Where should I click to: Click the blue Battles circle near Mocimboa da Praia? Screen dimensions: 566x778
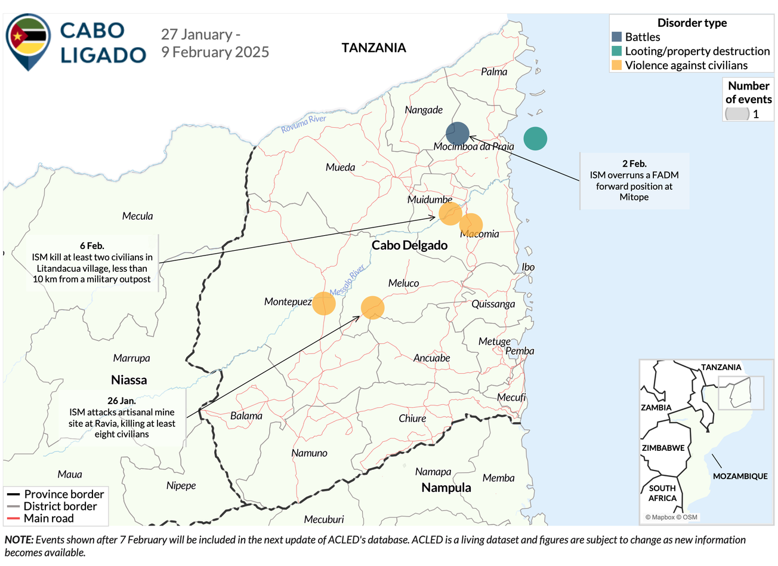point(458,134)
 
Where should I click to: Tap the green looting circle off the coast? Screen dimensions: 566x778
point(535,139)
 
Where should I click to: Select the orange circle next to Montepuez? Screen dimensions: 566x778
point(324,303)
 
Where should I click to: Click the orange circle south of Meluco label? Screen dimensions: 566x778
point(372,307)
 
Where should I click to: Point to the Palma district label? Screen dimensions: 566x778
point(494,72)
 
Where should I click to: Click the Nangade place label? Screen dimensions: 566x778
point(424,110)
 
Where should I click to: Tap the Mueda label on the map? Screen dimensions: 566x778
point(340,167)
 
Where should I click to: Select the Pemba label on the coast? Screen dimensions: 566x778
point(520,351)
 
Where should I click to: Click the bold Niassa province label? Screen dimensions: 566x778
point(129,380)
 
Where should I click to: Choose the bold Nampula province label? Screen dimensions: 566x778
point(446,488)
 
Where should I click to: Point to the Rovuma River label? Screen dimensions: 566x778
point(304,124)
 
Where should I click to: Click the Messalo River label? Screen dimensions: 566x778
point(347,281)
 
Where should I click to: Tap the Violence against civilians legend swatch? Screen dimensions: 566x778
point(616,65)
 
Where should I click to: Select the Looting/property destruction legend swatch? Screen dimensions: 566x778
point(616,51)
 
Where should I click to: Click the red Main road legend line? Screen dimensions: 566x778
point(13,518)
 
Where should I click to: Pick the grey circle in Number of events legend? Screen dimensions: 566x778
point(737,113)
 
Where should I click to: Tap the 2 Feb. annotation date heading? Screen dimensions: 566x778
point(634,164)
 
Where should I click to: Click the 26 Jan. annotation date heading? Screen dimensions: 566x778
point(122,401)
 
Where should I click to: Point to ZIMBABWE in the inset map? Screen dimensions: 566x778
point(663,448)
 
